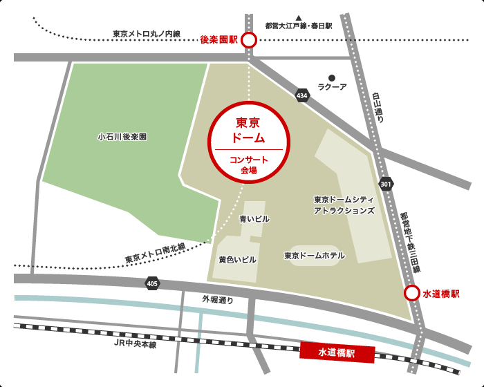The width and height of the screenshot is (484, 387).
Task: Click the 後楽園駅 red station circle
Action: [248, 41]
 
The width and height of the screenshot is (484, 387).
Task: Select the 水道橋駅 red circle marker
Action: [411, 293]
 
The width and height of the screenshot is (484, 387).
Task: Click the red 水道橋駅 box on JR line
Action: [337, 352]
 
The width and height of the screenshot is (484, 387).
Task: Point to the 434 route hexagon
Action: [301, 95]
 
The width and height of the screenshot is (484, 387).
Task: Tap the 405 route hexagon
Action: [152, 283]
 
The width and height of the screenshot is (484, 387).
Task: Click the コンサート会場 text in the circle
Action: [249, 164]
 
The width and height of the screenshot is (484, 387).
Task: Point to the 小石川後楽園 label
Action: [122, 137]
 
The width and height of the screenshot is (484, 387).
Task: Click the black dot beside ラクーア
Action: [332, 77]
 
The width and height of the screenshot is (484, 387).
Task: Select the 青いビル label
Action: [254, 219]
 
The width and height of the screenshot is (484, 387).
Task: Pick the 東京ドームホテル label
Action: [315, 256]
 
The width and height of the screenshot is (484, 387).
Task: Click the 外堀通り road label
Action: [218, 300]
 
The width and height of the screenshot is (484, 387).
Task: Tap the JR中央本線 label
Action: [136, 343]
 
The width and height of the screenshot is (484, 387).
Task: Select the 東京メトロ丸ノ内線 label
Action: [146, 33]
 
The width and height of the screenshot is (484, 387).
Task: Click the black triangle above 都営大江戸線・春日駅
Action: [299, 17]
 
